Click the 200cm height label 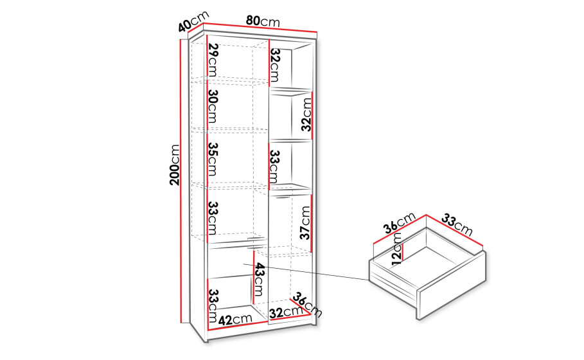point(174,165)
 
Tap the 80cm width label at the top point(263,21)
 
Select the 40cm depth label point(193,22)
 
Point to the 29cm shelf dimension point(213,60)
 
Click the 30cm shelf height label point(213,106)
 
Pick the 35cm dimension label point(213,159)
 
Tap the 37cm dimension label point(305,223)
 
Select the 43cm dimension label point(259,280)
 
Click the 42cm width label point(235,319)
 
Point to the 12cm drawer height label point(398,249)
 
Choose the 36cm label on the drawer point(400,223)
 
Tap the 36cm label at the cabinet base point(307,305)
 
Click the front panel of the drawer point(453,285)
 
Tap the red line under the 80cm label point(260,28)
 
